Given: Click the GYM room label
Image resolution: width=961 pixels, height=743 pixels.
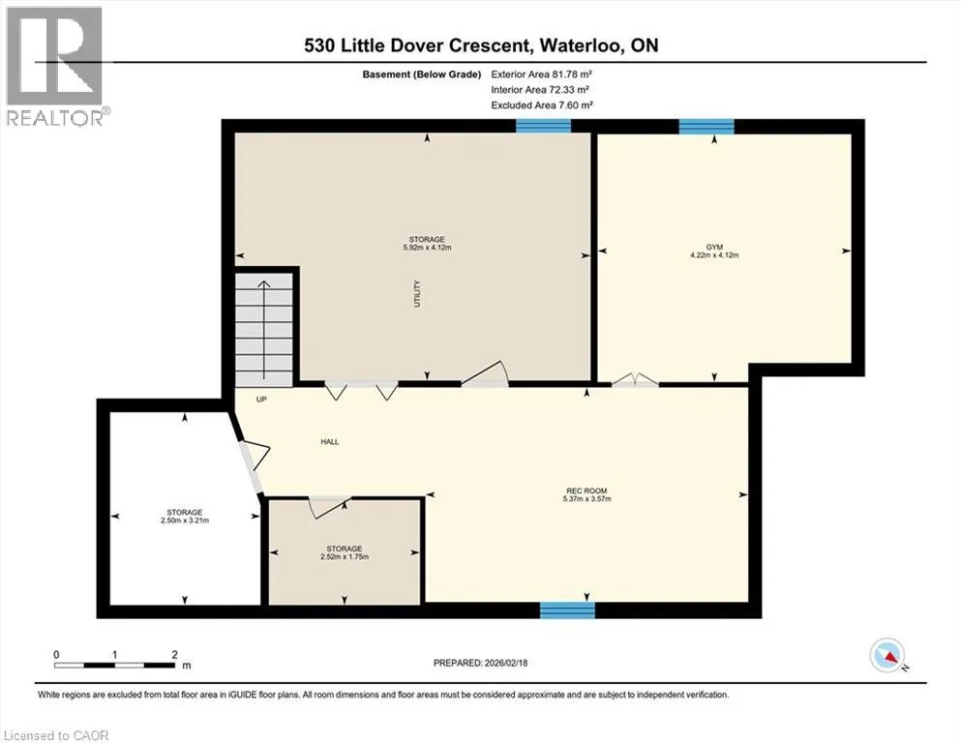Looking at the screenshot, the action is click(714, 247).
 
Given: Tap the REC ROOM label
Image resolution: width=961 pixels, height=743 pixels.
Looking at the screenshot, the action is click(586, 490).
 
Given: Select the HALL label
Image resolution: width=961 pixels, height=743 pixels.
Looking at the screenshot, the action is click(330, 441).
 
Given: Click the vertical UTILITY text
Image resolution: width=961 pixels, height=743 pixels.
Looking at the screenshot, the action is click(417, 293).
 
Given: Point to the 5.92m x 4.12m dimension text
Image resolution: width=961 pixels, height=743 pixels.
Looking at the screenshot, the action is click(427, 248).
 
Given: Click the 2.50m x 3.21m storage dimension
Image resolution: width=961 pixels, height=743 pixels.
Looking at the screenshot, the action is click(185, 520).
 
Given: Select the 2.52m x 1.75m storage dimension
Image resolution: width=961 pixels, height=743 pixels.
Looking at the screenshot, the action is click(345, 557).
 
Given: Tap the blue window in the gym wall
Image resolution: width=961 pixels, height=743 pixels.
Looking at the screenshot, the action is click(706, 126).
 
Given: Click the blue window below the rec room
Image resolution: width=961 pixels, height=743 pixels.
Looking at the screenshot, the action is click(567, 610).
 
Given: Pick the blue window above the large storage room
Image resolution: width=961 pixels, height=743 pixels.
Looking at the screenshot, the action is click(543, 126).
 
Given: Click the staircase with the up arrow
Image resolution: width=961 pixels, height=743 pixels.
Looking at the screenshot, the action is click(264, 330).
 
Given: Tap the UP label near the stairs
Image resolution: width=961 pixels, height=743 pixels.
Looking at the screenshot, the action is click(261, 400).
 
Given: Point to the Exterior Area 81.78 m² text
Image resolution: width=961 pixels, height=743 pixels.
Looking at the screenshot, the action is click(541, 74).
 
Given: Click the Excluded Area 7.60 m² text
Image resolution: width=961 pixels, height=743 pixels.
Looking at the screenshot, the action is click(542, 104).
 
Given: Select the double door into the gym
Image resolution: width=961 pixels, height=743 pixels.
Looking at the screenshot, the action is click(635, 379).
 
